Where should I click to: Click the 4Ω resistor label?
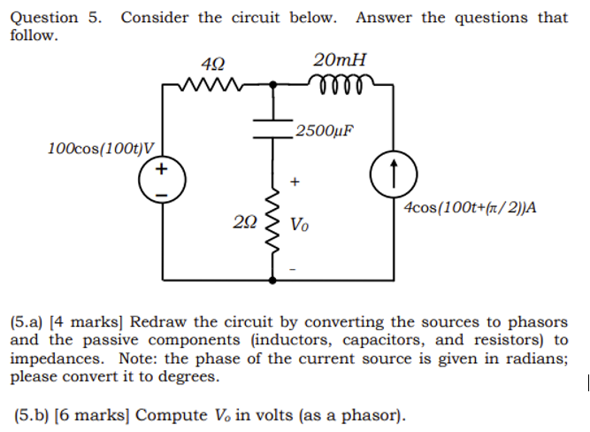pyautogui.click(x=213, y=64)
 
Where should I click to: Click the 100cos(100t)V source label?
pyautogui.click(x=101, y=147)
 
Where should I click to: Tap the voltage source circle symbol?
pyautogui.click(x=161, y=178)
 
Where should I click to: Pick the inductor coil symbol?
pyautogui.click(x=340, y=84)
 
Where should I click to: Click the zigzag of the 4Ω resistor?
pyautogui.click(x=213, y=86)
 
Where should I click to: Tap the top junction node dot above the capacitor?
pyautogui.click(x=272, y=86)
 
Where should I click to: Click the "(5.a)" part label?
pyautogui.click(x=28, y=323)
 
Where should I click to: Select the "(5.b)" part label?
pyautogui.click(x=34, y=414)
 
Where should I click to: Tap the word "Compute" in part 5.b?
pyautogui.click(x=173, y=414)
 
